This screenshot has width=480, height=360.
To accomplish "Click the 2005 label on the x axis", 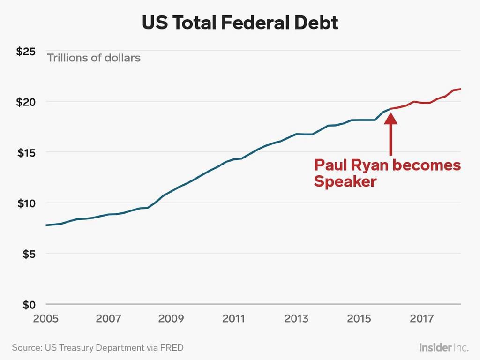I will [x=46, y=319].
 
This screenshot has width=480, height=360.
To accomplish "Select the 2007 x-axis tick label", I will [x=108, y=319].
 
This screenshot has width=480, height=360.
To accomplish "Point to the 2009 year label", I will [x=171, y=319].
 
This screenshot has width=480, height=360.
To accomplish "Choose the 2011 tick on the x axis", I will [x=233, y=319].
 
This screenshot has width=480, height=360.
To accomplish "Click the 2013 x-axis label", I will [x=296, y=319].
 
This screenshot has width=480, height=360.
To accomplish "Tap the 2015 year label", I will [x=359, y=319].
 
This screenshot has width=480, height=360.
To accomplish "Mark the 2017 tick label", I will [x=421, y=319].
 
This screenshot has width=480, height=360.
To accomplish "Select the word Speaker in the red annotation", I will [x=345, y=182].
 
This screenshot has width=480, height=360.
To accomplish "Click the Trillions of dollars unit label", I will [x=93, y=59].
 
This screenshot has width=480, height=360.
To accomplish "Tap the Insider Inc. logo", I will [x=443, y=348].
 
